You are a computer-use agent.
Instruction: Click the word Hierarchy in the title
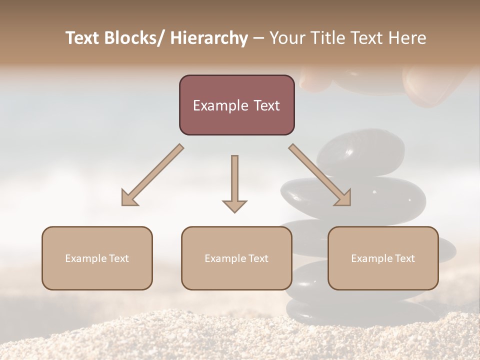tap(209, 38)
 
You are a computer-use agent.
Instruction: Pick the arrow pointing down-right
tap(320, 175)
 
